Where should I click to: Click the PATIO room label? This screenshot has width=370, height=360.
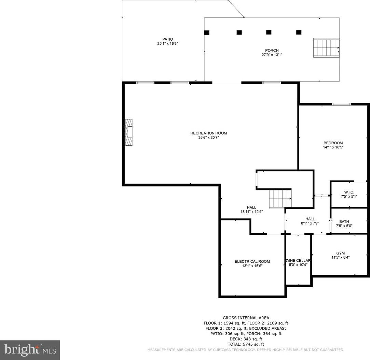click(x=167, y=39)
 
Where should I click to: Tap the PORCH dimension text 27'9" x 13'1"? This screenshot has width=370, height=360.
click(x=272, y=55)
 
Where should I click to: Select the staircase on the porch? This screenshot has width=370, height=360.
click(x=326, y=48)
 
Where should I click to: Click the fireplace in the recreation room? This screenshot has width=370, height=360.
click(x=128, y=132)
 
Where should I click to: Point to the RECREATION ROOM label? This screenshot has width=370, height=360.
click(x=209, y=133)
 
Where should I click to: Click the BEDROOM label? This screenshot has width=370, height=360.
click(x=333, y=143)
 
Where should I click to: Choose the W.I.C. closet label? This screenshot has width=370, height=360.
click(x=349, y=192)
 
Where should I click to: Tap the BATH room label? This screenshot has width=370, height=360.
click(x=344, y=221)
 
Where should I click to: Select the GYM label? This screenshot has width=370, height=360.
click(x=340, y=253)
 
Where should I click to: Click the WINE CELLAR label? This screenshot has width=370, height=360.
click(x=298, y=260)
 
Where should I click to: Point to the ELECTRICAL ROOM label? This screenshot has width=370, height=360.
click(x=252, y=261)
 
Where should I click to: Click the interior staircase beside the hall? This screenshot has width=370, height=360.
click(x=280, y=199)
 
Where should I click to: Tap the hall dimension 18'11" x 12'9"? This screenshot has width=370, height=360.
click(x=251, y=212)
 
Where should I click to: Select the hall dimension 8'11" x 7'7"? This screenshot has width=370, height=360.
click(x=310, y=223)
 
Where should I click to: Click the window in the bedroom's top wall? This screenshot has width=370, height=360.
click(x=341, y=104)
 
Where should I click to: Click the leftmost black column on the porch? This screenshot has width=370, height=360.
click(x=207, y=32)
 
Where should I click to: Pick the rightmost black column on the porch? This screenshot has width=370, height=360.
click(x=299, y=32)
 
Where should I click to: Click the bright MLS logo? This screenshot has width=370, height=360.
click(x=30, y=350)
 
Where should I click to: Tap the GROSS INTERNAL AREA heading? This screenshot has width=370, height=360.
click(x=246, y=318)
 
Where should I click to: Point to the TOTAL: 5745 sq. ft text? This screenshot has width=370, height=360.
click(x=246, y=344)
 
